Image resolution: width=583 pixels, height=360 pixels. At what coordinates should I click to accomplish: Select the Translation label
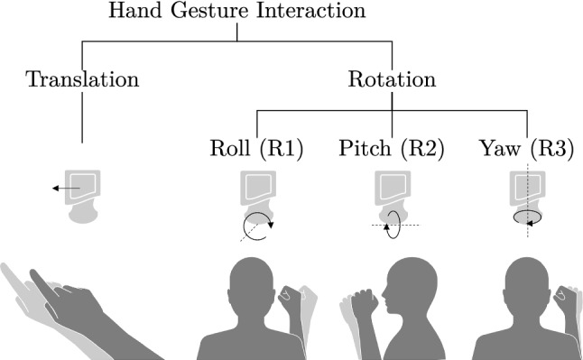pos(83,78)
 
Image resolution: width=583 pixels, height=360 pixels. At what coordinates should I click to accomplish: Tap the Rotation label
pos(391,78)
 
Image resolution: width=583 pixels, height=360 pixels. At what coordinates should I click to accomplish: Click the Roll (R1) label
pos(256,149)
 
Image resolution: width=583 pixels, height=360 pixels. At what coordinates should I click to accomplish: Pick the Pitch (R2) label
pos(391,149)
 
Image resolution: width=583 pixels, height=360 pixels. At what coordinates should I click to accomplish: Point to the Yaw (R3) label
pos(527,149)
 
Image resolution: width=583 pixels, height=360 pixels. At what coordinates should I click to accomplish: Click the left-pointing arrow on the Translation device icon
pos(64,189)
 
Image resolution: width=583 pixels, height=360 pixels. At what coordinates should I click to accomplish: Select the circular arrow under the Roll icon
pos(257,226)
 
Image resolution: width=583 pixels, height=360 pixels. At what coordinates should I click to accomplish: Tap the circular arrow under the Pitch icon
pos(392,226)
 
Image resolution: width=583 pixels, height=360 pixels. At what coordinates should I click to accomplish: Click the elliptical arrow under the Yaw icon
pos(527,217)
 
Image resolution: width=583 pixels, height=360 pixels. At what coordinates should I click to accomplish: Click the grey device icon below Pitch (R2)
pos(392,191)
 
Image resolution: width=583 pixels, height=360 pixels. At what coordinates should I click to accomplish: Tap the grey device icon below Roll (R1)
pos(257,191)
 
